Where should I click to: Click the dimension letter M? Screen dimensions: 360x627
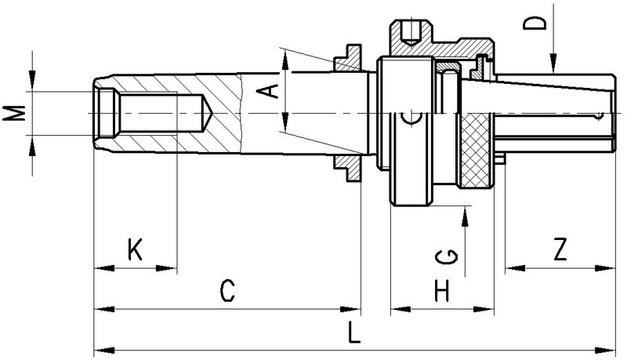point(13,114)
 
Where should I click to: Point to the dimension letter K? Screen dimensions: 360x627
point(134,251)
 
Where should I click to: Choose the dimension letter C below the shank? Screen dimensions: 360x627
point(227,292)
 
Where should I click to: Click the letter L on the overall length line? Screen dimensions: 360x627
point(354,334)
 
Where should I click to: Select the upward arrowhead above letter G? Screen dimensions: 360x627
point(466,213)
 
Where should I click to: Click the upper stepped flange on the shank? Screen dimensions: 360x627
point(347,57)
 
